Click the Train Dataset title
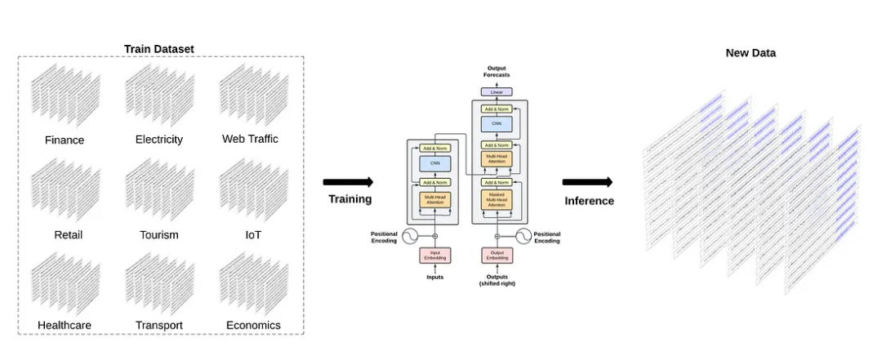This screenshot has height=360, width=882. (x=159, y=49)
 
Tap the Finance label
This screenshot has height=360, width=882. (x=65, y=140)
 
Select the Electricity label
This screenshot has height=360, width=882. (x=159, y=140)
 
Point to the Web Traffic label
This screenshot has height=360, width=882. (x=250, y=139)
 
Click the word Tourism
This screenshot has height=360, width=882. (x=159, y=235)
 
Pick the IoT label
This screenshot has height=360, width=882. (x=253, y=235)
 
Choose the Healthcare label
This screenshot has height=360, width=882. (x=65, y=325)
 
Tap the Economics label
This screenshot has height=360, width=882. (x=253, y=325)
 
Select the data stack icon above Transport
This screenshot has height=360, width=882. (x=159, y=282)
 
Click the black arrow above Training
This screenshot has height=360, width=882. (x=348, y=182)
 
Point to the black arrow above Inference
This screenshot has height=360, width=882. (x=587, y=182)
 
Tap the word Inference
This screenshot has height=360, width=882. (x=589, y=201)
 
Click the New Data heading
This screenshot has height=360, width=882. (x=751, y=53)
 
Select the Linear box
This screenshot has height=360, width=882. (x=497, y=91)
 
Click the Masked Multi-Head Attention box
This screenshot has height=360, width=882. (x=497, y=199)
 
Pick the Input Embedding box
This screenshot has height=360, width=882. (x=435, y=256)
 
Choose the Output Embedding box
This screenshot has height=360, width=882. (x=497, y=256)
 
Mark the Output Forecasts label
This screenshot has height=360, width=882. (x=497, y=72)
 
